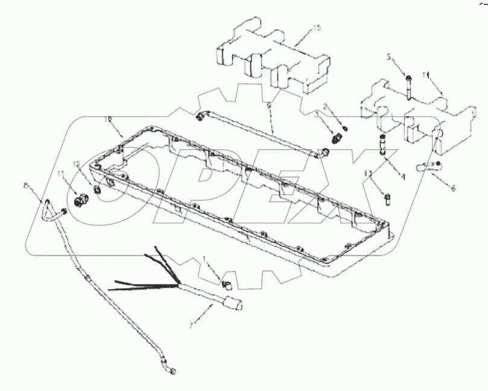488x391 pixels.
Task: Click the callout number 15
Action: click(x=317, y=28)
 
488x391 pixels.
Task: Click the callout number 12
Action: click(x=77, y=164)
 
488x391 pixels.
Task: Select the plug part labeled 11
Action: click(x=80, y=199)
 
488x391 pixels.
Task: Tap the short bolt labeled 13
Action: click(x=386, y=195)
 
